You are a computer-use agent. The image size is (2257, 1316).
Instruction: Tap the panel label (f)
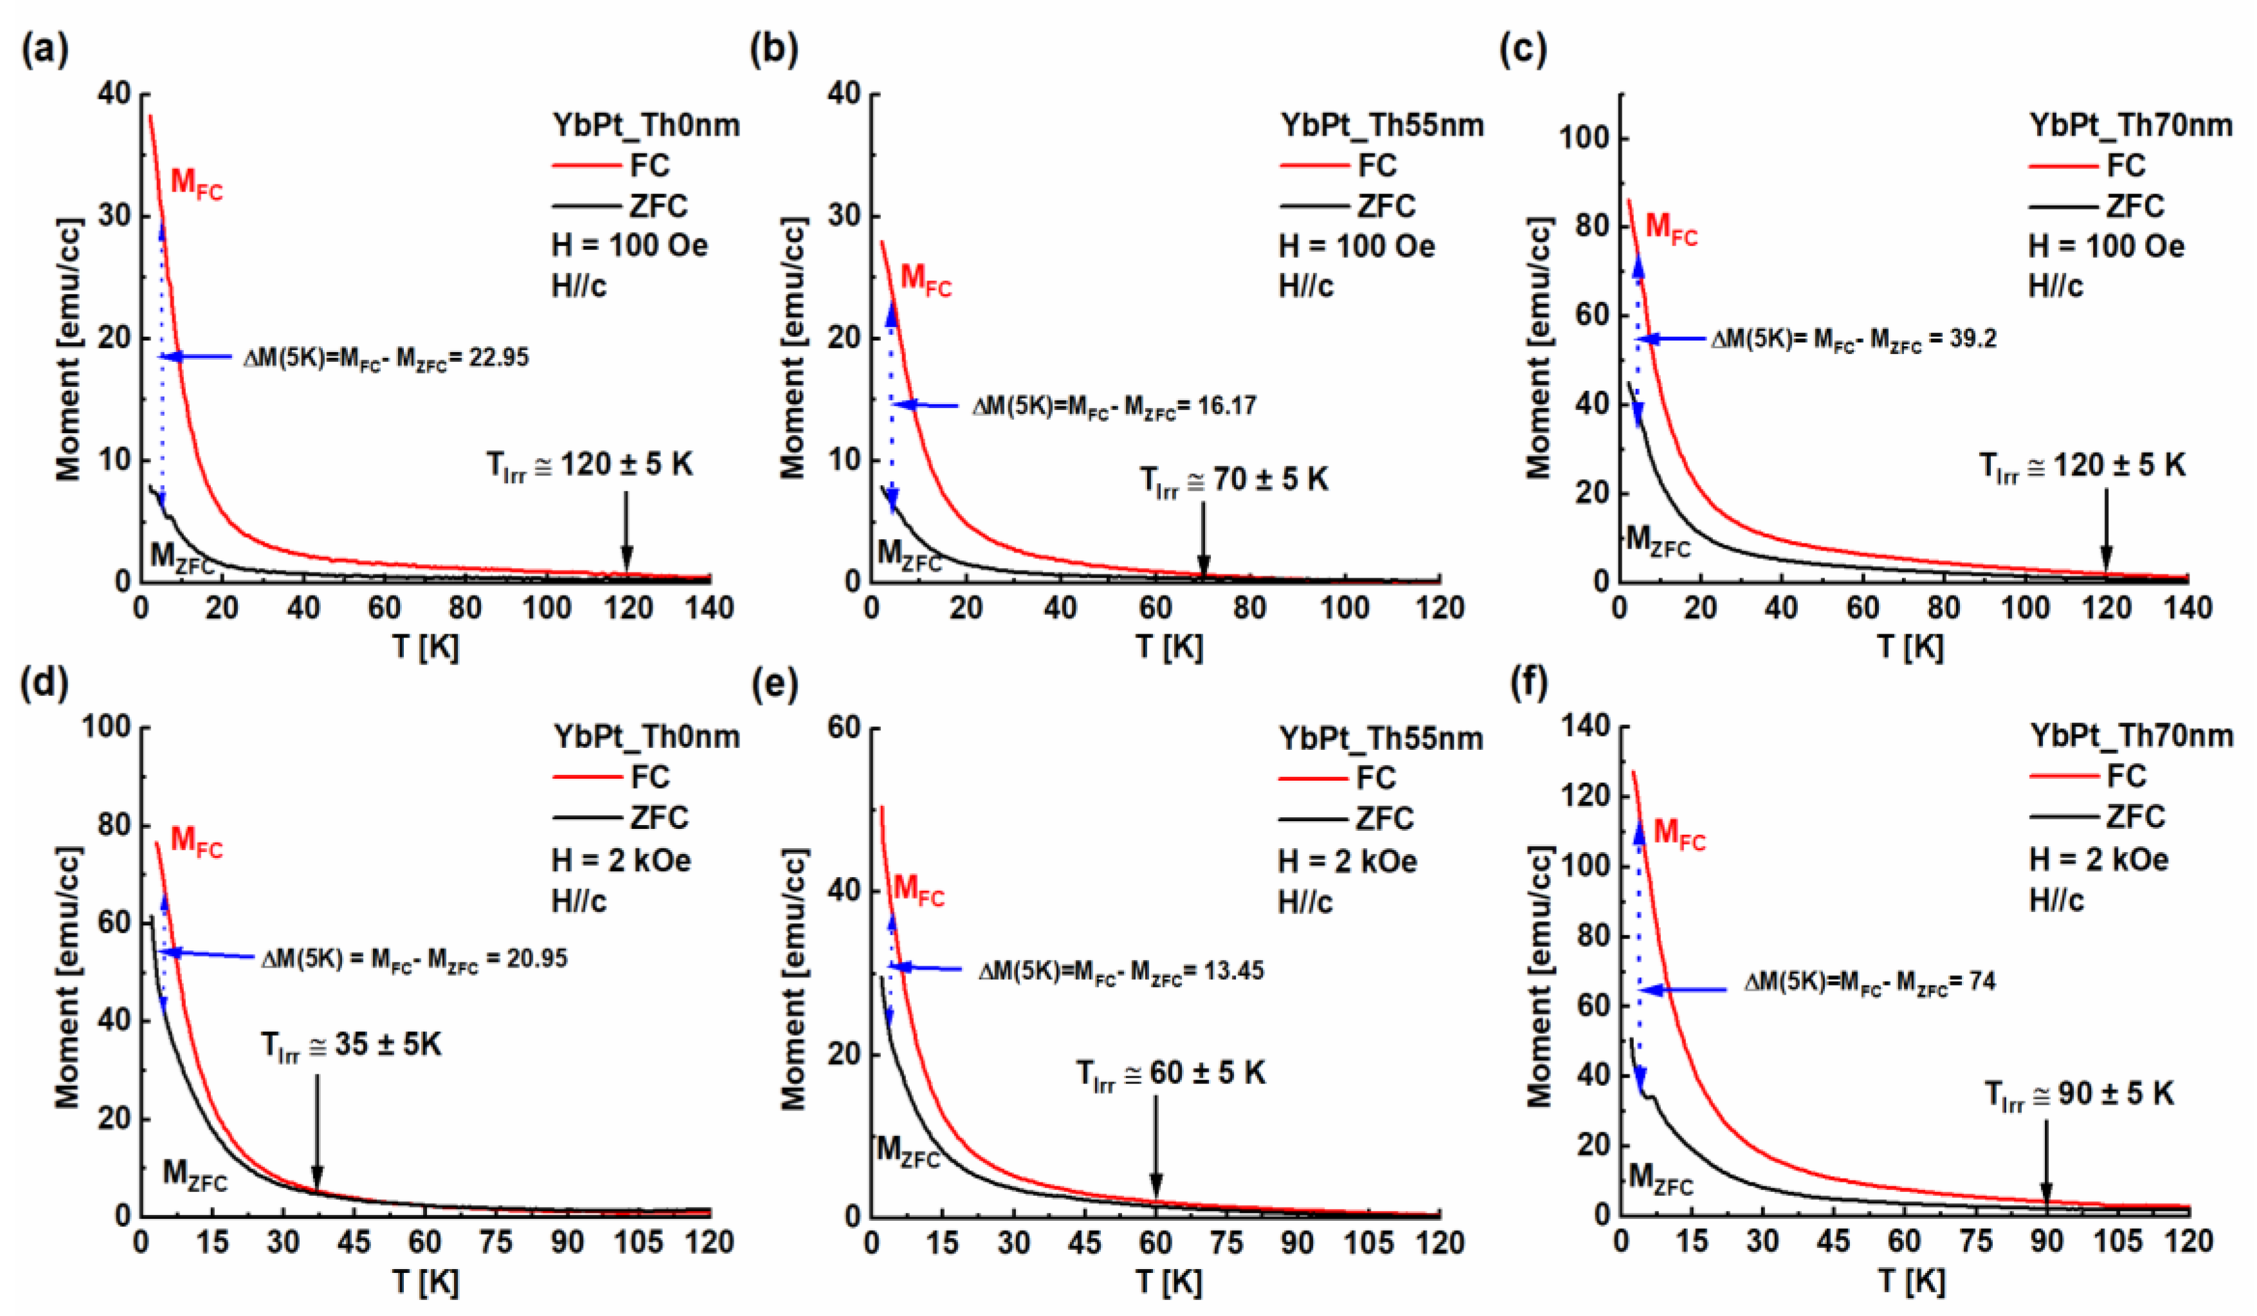pyautogui.click(x=1529, y=683)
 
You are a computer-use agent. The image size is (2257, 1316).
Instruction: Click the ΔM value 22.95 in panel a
pyautogui.click(x=499, y=358)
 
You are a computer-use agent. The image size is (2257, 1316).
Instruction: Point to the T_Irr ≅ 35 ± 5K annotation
pyautogui.click(x=351, y=1045)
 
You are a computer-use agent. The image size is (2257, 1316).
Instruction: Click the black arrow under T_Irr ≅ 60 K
pyautogui.click(x=1156, y=1146)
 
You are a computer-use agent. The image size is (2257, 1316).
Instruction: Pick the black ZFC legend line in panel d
pyautogui.click(x=586, y=817)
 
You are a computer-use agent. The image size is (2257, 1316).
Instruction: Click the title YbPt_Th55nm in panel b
pyautogui.click(x=1381, y=125)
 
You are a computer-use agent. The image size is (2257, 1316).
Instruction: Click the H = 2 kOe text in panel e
pyautogui.click(x=1347, y=861)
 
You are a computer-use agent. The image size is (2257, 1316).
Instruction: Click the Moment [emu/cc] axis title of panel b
pyautogui.click(x=793, y=349)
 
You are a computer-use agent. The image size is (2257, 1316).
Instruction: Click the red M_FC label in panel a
pyautogui.click(x=196, y=184)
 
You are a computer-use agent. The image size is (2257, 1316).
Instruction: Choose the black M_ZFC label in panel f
pyautogui.click(x=1660, y=1178)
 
